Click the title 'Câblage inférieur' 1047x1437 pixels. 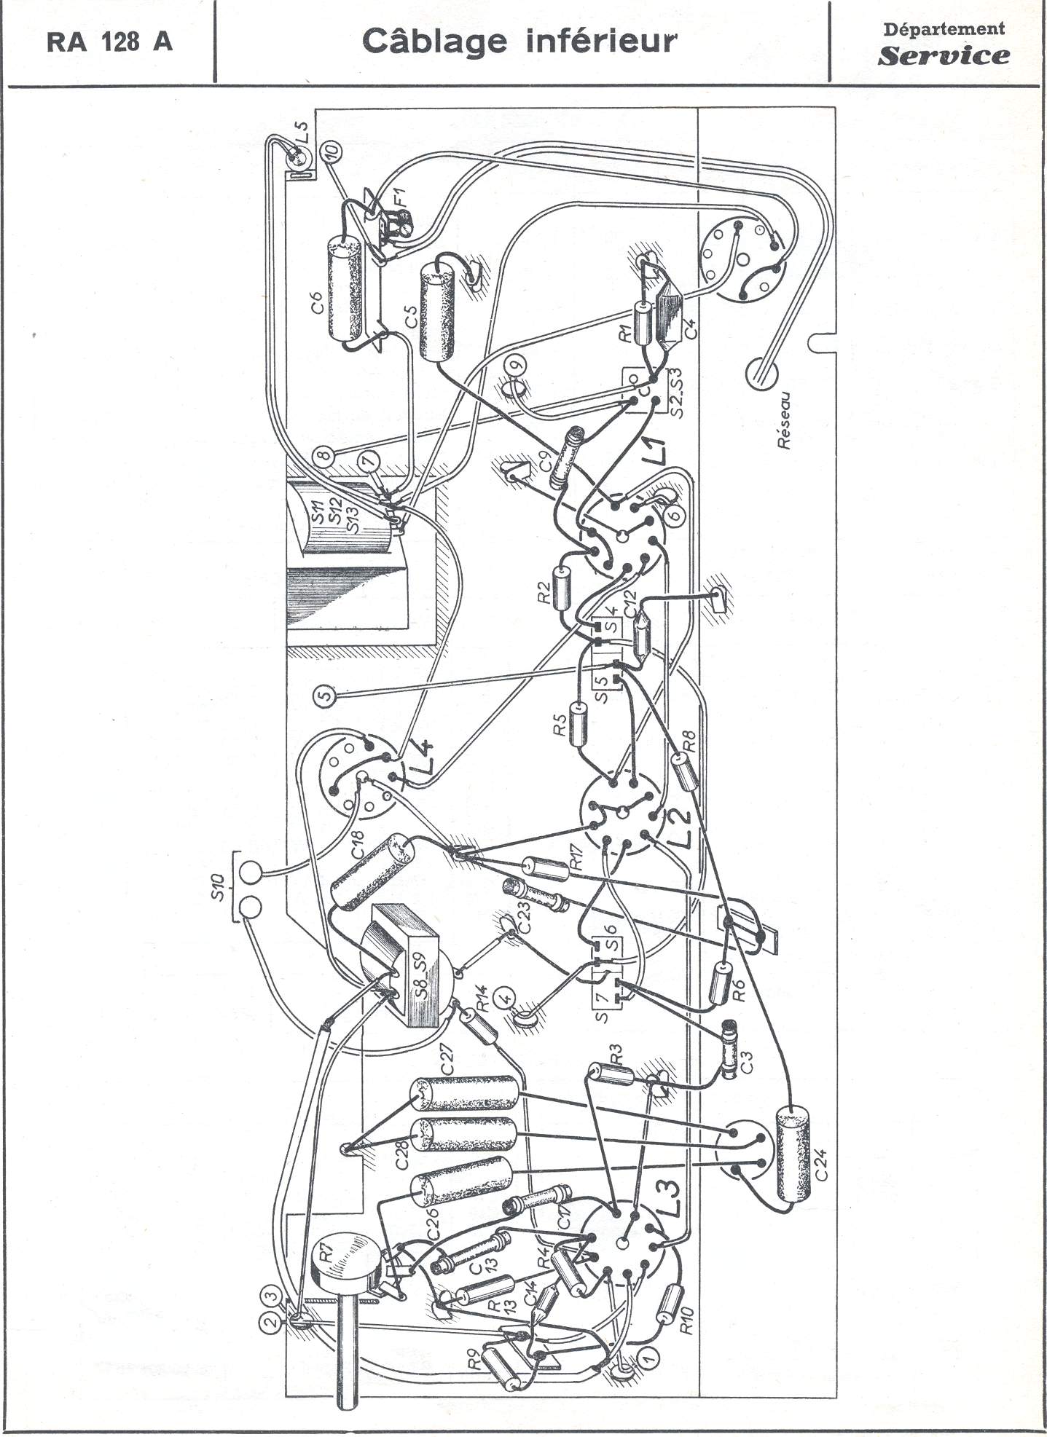click(519, 42)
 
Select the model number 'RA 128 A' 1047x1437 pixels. click(109, 42)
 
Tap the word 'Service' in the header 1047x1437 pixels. click(944, 55)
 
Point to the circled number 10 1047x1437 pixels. click(332, 151)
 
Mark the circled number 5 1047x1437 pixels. click(325, 694)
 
